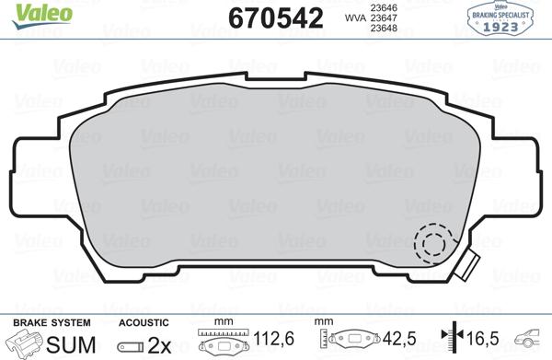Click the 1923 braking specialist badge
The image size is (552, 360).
tap(512, 18)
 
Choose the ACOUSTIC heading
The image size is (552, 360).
tap(144, 322)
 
